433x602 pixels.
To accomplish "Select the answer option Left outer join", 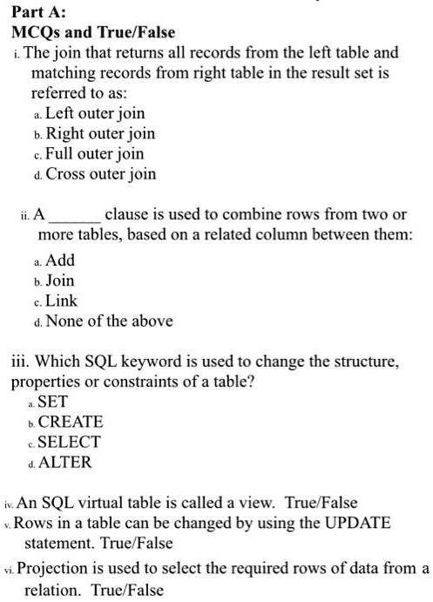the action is click(x=95, y=114).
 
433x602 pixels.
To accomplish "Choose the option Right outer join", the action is click(x=100, y=134).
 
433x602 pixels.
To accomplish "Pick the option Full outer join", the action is click(x=95, y=154).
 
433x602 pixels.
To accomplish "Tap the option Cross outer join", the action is click(x=101, y=174).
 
